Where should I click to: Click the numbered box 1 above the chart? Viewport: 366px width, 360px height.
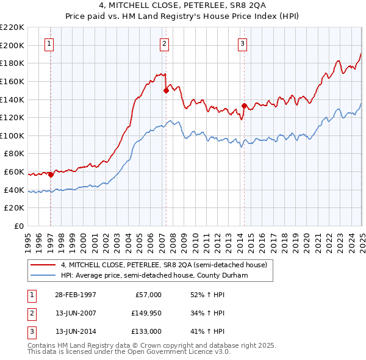(x=48, y=43)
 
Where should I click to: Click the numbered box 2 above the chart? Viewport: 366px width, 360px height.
(x=165, y=43)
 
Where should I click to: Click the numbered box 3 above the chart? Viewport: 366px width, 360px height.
(x=242, y=43)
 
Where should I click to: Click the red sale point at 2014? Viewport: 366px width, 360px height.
(x=244, y=106)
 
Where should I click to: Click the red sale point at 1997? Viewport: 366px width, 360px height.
(x=51, y=175)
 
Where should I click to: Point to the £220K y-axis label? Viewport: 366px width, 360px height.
(x=12, y=27)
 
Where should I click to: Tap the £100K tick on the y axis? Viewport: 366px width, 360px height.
(x=12, y=135)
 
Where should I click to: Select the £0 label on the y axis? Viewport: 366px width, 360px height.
(x=18, y=226)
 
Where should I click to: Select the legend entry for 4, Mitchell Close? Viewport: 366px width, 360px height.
(x=163, y=265)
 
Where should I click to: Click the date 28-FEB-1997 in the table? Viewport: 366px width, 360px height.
(x=76, y=295)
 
